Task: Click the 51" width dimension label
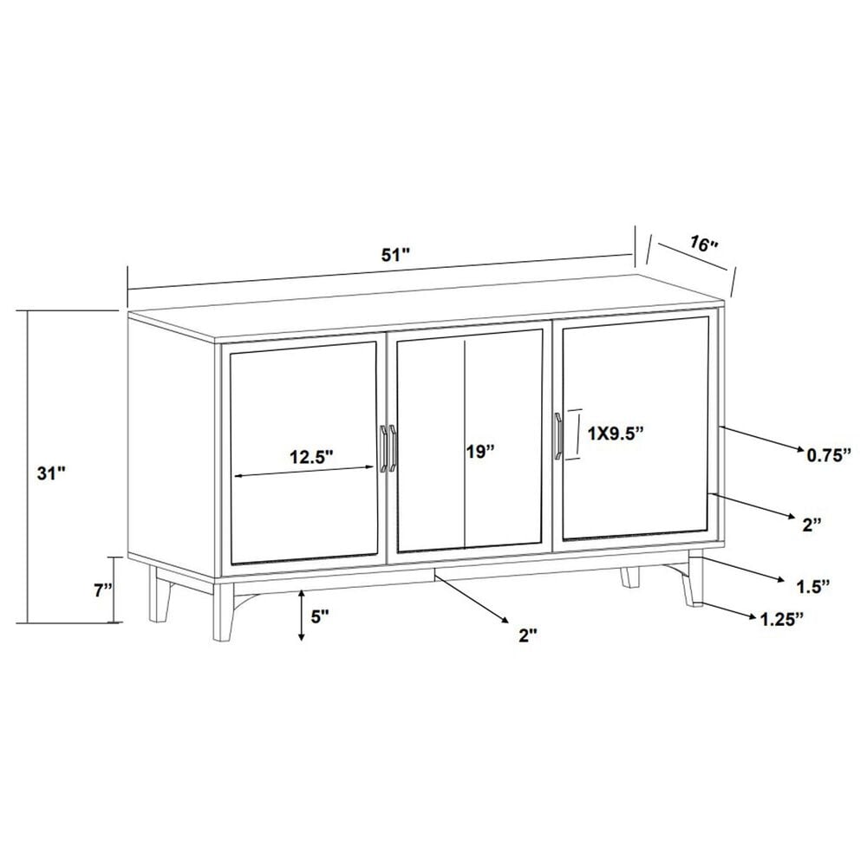pos(395,254)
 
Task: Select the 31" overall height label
pos(51,473)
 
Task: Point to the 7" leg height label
pos(103,590)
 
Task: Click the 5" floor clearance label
pos(320,616)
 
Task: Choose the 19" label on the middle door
pos(479,451)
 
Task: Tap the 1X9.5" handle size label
pos(618,433)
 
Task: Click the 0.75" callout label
pos(831,453)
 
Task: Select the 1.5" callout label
pos(814,586)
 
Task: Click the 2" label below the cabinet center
pos(528,635)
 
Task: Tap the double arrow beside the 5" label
pos(301,615)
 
